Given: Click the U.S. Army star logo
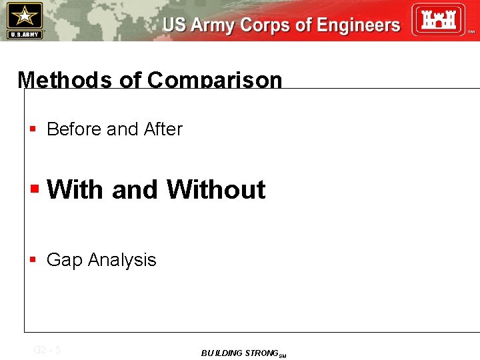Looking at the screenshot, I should pyautogui.click(x=25, y=20).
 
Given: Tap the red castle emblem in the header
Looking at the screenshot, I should pyautogui.click(x=437, y=20).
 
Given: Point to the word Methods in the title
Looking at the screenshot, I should pyautogui.click(x=65, y=80).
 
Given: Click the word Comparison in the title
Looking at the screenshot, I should pyautogui.click(x=215, y=80).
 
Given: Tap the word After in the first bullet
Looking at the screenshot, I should pyautogui.click(x=163, y=129).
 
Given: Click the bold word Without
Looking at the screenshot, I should pyautogui.click(x=216, y=190).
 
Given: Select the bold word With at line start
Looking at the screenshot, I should pyautogui.click(x=76, y=190).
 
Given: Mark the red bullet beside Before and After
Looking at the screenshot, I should pyautogui.click(x=33, y=129).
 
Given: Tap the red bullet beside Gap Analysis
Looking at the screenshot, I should pyautogui.click(x=33, y=260).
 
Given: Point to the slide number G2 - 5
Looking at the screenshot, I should pyautogui.click(x=47, y=349).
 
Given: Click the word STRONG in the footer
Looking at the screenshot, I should pyautogui.click(x=261, y=353).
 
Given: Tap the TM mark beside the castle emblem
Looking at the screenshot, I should pyautogui.click(x=471, y=32).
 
